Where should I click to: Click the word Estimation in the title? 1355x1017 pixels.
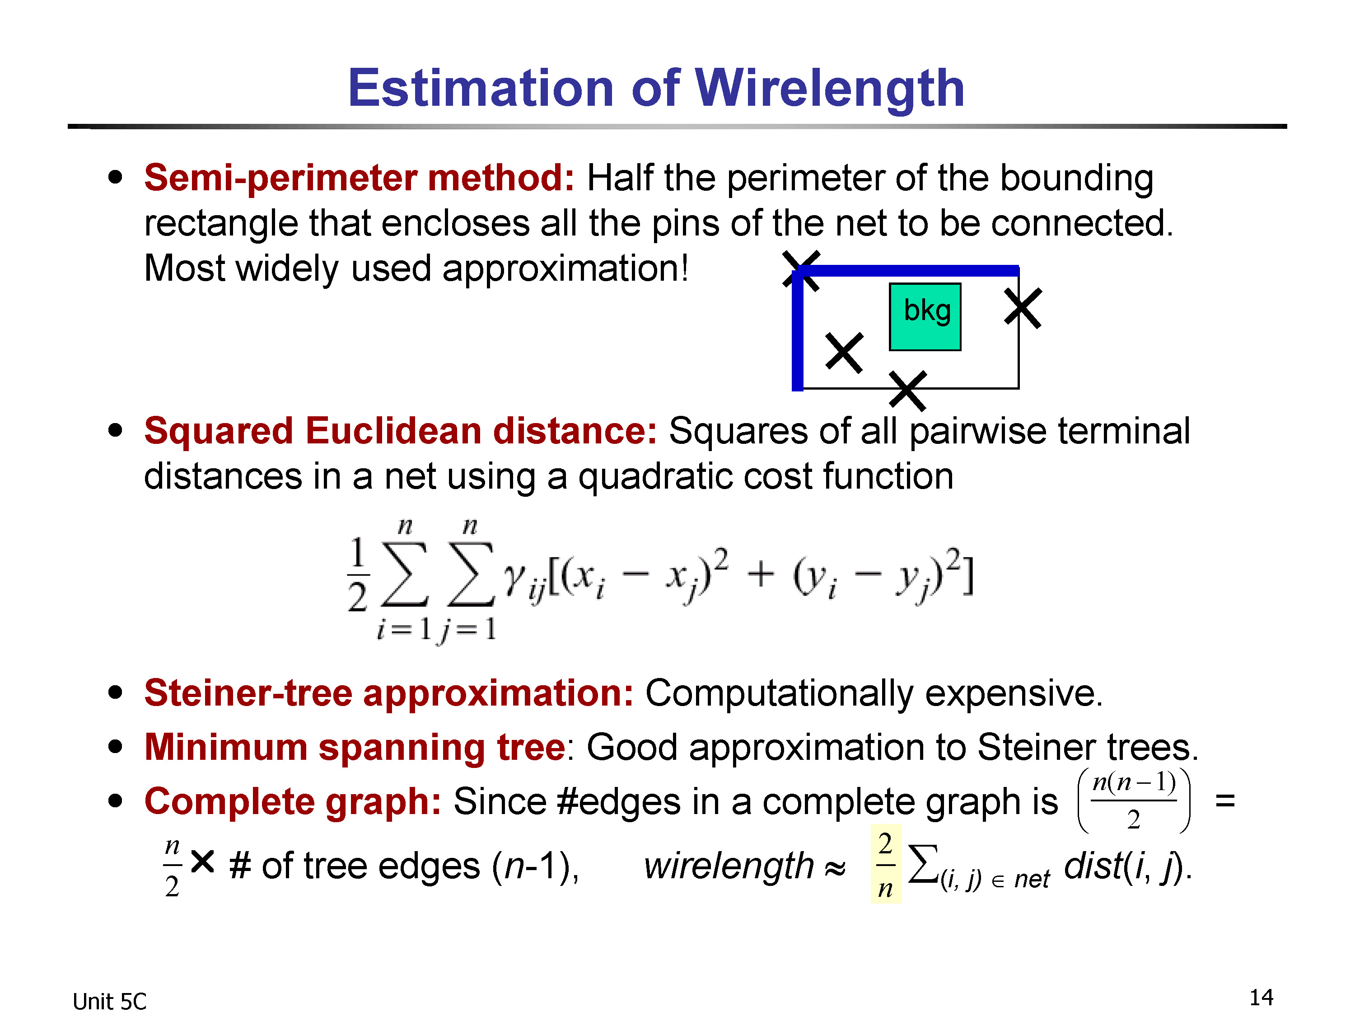tap(481, 88)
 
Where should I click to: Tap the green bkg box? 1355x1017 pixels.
tap(925, 317)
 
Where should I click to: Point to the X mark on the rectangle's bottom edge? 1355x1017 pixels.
tap(908, 391)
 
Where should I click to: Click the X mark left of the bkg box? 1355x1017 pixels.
tap(844, 353)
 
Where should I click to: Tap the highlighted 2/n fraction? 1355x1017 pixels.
tap(886, 864)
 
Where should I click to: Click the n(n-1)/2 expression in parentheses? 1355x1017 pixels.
tap(1134, 800)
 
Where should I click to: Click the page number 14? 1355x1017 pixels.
tap(1261, 998)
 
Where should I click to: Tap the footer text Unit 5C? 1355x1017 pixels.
tap(110, 1002)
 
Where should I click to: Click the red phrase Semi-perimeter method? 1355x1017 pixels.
tap(360, 179)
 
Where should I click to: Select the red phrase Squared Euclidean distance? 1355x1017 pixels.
tap(401, 430)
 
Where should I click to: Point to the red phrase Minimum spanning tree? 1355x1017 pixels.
tap(355, 748)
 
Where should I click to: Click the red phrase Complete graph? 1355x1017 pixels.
tap(293, 802)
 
